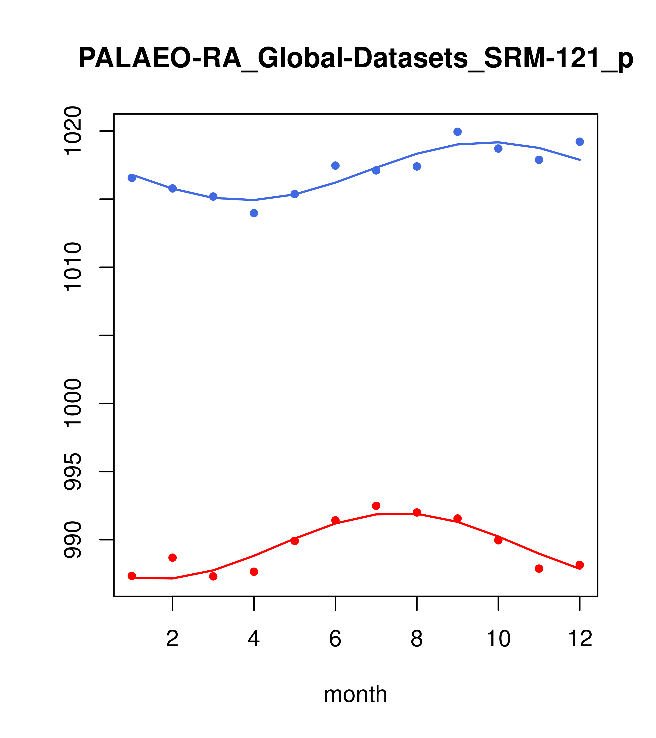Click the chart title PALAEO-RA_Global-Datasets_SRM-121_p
tap(356, 59)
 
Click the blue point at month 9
tap(457, 132)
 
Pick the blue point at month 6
tap(335, 166)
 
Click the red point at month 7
tap(376, 506)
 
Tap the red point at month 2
tap(173, 558)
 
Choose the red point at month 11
tap(539, 569)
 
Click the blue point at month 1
tap(132, 178)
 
